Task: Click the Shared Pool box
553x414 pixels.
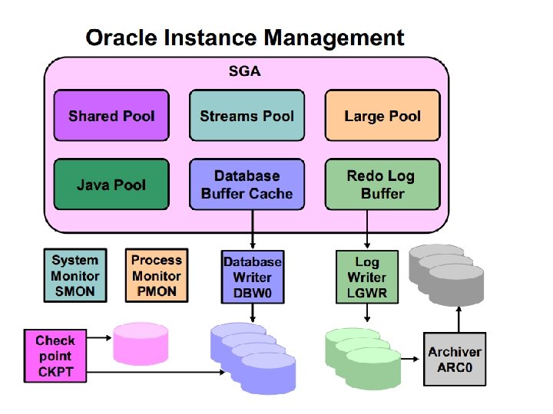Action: click(x=111, y=115)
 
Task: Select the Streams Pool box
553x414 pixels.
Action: click(x=247, y=115)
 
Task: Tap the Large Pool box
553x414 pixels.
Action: click(x=382, y=115)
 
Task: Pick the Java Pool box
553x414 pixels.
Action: click(x=111, y=184)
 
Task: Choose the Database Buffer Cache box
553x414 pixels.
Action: click(x=247, y=184)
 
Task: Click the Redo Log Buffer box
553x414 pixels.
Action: click(x=382, y=184)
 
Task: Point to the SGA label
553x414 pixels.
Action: click(x=244, y=71)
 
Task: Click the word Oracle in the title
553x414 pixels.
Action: click(x=121, y=38)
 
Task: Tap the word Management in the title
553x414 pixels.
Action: click(x=334, y=38)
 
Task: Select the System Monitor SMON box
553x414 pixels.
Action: click(x=75, y=275)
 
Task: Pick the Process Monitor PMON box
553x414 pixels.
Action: click(x=157, y=275)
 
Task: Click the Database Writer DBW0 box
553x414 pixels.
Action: click(x=253, y=277)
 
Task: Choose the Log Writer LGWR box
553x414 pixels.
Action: click(x=367, y=277)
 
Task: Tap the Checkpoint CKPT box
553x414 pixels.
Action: click(x=55, y=356)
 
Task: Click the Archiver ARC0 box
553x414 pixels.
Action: click(x=455, y=359)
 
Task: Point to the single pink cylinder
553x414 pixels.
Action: click(x=141, y=344)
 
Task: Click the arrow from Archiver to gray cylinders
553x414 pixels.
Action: click(x=459, y=319)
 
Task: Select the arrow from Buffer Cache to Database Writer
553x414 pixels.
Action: click(x=253, y=229)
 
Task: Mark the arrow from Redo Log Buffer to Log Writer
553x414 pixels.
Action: click(x=367, y=229)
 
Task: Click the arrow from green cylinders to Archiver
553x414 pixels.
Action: click(x=410, y=359)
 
